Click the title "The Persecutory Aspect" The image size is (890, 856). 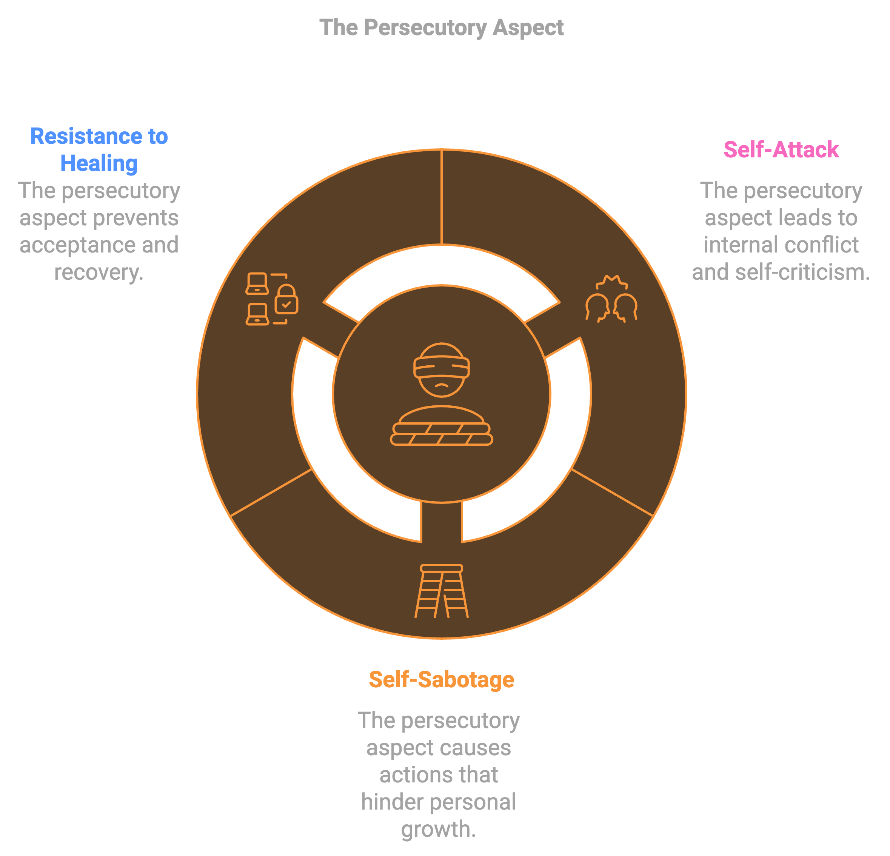coord(441,28)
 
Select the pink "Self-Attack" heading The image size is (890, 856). coord(781,149)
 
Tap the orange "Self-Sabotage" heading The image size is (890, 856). coord(441,680)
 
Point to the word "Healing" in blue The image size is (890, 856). coord(99,163)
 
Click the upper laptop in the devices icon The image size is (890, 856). coord(257,283)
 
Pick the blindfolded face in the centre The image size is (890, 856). coord(441,369)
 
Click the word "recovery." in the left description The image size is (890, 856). coord(99,273)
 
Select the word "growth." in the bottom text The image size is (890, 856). coord(439,829)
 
